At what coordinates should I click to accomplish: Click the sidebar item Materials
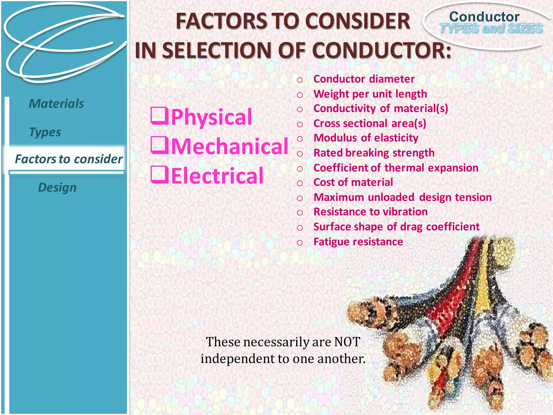click(x=56, y=104)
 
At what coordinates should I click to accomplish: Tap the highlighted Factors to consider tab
click(x=69, y=159)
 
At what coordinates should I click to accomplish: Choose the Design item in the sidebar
click(x=57, y=188)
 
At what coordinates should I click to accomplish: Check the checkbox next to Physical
click(x=160, y=116)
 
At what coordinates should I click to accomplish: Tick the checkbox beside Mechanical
click(x=160, y=146)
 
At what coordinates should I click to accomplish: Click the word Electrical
click(x=217, y=176)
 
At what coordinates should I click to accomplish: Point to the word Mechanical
click(x=230, y=146)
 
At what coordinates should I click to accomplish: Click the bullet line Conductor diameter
click(x=364, y=79)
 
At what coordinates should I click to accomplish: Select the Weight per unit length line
click(x=370, y=94)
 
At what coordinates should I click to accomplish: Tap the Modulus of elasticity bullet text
click(x=366, y=138)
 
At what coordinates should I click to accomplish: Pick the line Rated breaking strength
click(x=374, y=153)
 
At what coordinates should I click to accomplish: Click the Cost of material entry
click(x=353, y=182)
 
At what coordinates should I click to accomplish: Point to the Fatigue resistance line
click(x=358, y=242)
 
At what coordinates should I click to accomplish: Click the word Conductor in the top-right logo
click(x=484, y=17)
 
